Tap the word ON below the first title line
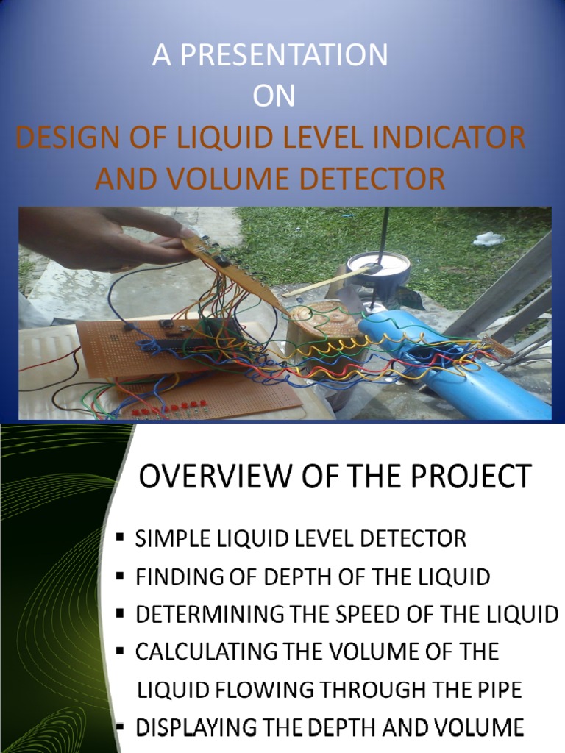[274, 97]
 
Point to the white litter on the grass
[488, 238]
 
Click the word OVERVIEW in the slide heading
[208, 476]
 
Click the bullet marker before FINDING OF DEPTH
[120, 577]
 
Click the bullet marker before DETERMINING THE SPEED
[120, 613]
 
